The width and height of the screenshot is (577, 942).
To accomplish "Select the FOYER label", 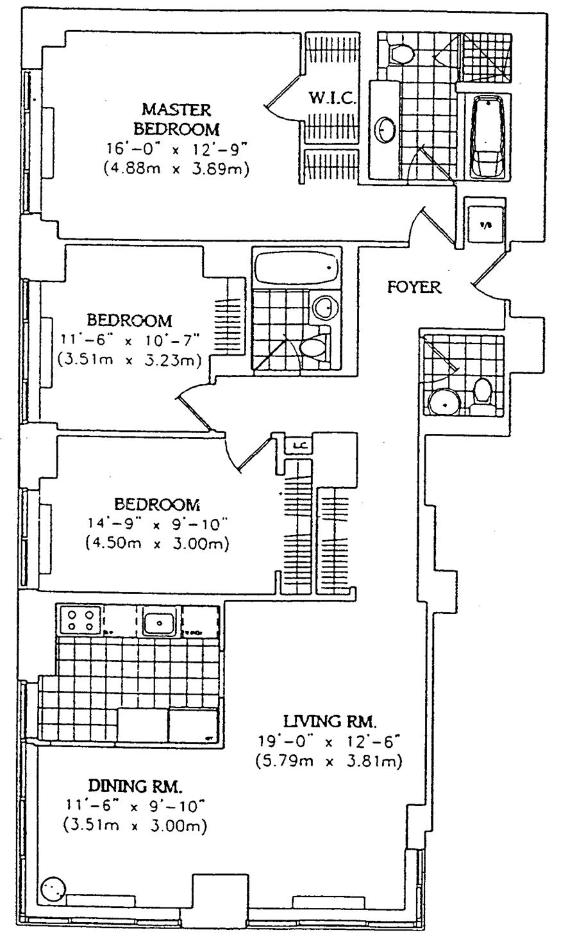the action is click(x=414, y=287).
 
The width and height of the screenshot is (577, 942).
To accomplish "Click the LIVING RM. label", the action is click(x=330, y=721).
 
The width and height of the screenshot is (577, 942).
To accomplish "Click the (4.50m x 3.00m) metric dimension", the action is click(x=156, y=544).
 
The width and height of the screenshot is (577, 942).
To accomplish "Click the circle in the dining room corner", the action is click(x=53, y=889).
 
